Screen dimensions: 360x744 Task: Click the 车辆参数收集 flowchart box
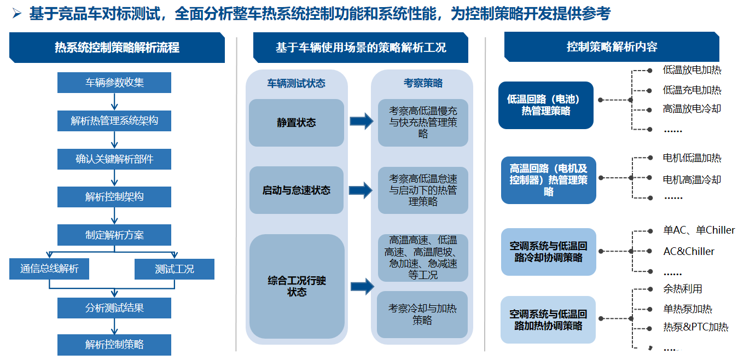[114, 83]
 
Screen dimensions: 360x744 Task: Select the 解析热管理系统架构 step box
[114, 120]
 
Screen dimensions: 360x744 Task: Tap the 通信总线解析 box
[49, 269]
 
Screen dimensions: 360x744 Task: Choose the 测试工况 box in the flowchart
[175, 269]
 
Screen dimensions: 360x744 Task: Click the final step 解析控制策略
[114, 345]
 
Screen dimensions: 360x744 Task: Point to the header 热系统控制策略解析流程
[117, 48]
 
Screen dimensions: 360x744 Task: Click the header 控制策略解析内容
[612, 47]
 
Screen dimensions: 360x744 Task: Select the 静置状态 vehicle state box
[296, 123]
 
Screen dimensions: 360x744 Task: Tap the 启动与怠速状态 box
[296, 190]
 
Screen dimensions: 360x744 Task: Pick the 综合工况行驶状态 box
[297, 286]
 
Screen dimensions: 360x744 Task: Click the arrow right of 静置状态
[362, 121]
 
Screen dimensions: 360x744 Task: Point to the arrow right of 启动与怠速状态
[362, 190]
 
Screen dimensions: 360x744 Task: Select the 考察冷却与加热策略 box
[422, 314]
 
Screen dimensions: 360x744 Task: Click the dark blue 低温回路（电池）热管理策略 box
[545, 105]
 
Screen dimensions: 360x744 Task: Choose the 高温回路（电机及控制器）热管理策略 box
[548, 180]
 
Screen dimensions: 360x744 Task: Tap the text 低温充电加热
[691, 90]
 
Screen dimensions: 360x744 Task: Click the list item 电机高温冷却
[691, 179]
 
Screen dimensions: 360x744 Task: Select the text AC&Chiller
[688, 252]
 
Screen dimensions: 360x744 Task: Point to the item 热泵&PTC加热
[695, 327]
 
